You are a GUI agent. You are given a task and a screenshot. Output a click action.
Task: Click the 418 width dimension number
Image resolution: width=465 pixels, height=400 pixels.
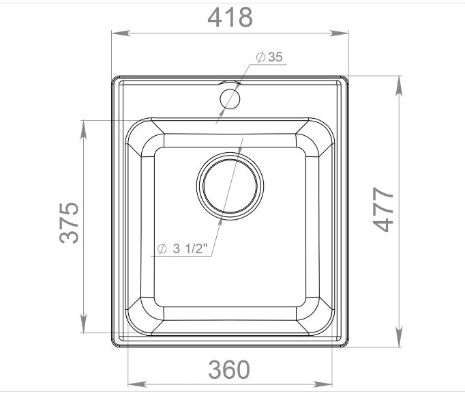230,18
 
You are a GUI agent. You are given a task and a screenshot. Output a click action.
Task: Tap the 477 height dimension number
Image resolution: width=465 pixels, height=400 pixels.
383,210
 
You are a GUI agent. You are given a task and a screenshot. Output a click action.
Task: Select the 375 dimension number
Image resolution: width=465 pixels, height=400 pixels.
69,223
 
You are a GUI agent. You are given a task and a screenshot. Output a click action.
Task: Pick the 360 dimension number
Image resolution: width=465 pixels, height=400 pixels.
229,369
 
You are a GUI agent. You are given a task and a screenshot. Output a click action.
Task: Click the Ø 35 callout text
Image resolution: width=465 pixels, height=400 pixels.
269,57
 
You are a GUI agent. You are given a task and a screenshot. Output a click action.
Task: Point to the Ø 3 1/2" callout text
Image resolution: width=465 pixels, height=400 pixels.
181,248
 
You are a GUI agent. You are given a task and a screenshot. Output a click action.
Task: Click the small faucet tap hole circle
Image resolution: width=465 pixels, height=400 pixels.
230,99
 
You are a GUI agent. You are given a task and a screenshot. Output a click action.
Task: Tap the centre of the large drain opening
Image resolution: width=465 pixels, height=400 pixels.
230,186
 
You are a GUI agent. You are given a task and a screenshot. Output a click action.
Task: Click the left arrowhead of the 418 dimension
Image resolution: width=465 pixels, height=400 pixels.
121,33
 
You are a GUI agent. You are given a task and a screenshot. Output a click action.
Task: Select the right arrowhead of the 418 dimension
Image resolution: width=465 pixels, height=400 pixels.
340,33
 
